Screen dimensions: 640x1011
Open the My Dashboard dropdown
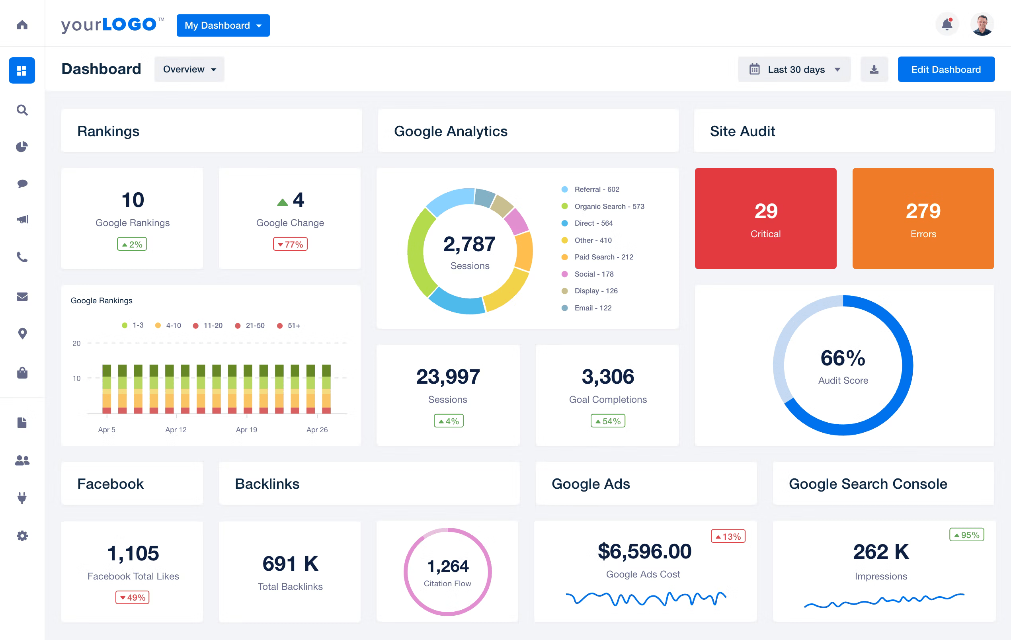click(x=223, y=25)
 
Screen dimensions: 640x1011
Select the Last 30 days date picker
click(x=794, y=69)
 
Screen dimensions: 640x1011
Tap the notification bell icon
click(x=947, y=24)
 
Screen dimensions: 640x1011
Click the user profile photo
click(x=982, y=25)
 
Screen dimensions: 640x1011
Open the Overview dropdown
click(x=189, y=69)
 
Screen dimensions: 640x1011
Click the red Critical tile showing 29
click(x=765, y=219)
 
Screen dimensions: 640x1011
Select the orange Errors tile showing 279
click(x=923, y=219)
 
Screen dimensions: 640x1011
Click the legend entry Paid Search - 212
click(x=603, y=257)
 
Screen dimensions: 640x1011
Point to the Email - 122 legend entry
click(x=592, y=308)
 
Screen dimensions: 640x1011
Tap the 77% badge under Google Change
click(x=290, y=244)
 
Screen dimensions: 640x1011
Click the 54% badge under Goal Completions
click(x=607, y=421)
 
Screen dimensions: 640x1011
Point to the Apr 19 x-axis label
click(x=246, y=429)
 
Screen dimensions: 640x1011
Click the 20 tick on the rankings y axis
click(x=76, y=343)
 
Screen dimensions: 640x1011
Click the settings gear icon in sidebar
click(x=22, y=535)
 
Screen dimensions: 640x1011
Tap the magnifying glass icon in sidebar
click(x=22, y=110)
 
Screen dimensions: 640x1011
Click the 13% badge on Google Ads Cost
click(x=728, y=536)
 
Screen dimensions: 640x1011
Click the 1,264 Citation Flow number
click(x=447, y=566)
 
